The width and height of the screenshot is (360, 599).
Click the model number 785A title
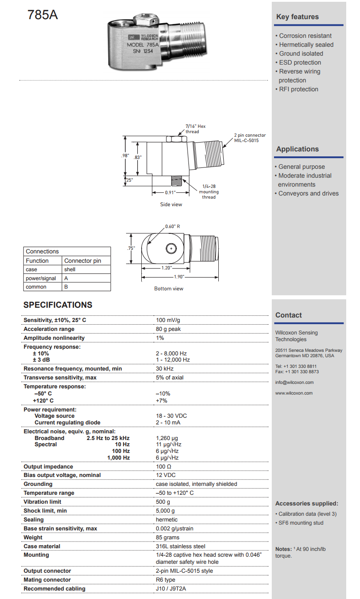tap(43, 15)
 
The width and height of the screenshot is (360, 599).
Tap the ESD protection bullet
tap(300, 62)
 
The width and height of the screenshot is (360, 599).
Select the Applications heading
tap(298, 149)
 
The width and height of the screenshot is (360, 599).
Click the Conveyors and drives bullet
tap(308, 193)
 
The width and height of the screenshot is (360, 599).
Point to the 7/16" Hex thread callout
tap(195, 129)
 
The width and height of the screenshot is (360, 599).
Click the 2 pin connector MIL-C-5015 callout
tap(250, 138)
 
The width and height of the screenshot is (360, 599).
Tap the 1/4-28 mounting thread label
tap(209, 192)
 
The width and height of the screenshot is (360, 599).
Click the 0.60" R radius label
tap(172, 226)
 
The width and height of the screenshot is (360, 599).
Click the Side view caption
tap(171, 204)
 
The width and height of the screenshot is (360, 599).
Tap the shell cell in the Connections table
tap(70, 269)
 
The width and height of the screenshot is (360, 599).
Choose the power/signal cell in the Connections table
tap(41, 278)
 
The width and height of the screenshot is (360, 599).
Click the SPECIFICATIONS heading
tap(58, 305)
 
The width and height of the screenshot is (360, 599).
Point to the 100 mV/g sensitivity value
tap(168, 320)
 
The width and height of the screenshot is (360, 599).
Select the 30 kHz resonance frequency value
tap(164, 369)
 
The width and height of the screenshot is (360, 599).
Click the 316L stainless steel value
tap(180, 546)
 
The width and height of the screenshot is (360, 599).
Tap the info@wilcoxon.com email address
tap(295, 383)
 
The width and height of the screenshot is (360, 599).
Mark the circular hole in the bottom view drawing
tap(171, 248)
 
